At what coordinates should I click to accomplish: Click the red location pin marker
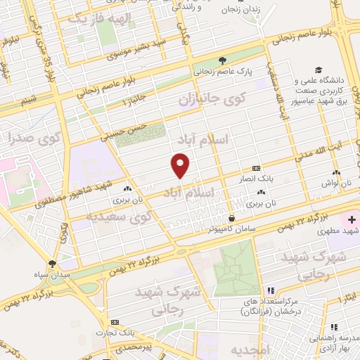point(181,165)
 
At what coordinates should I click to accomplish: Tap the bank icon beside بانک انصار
point(255,168)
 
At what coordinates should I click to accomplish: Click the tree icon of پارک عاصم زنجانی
point(223,60)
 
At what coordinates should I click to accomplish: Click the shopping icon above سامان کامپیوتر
point(231,217)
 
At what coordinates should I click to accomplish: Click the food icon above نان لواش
point(336,172)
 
